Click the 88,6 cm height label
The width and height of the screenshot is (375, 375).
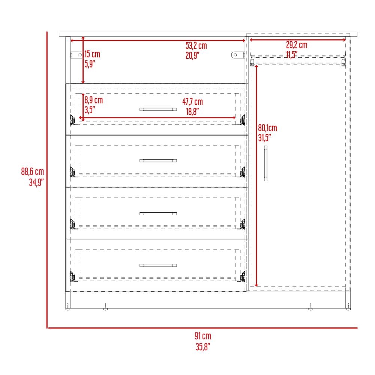[33, 171]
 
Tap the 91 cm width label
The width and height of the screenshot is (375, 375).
[203, 336]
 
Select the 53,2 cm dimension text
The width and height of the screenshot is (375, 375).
[196, 45]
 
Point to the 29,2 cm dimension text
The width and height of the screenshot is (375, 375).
[297, 45]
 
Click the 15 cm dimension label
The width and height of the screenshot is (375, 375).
[92, 54]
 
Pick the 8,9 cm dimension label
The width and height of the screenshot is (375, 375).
[93, 100]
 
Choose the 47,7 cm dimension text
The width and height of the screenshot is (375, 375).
[192, 102]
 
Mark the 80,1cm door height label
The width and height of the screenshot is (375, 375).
[267, 128]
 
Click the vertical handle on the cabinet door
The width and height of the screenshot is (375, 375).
[265, 163]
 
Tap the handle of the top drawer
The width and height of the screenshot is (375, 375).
[158, 109]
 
